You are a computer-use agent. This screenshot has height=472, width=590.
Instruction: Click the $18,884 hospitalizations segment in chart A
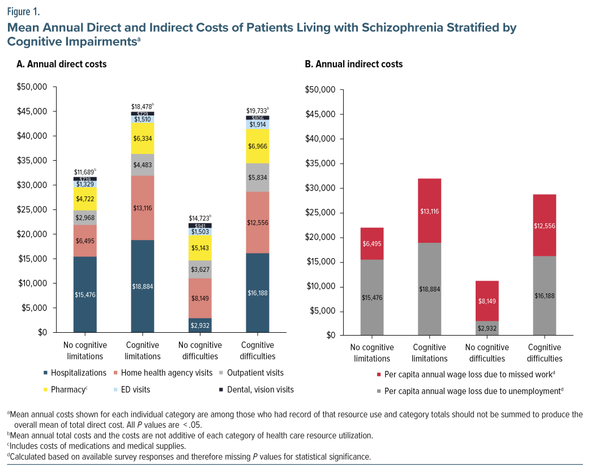[143, 286]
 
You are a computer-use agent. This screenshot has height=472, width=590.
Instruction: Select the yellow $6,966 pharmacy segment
[258, 146]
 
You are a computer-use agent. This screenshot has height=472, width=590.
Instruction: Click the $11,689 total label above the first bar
[85, 171]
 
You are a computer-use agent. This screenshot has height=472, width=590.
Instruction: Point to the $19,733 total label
[258, 110]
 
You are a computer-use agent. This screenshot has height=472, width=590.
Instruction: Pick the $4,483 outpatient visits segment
[143, 165]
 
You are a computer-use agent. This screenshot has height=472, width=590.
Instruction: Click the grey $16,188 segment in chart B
[545, 295]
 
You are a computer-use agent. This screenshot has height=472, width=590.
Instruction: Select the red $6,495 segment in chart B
[372, 243]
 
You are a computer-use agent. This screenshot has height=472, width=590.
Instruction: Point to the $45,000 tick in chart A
[33, 111]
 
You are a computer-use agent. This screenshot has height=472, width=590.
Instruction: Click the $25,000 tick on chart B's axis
[320, 213]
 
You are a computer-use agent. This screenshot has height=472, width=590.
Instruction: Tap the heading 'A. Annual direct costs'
[62, 64]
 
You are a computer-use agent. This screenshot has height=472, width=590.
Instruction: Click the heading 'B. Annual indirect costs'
[354, 64]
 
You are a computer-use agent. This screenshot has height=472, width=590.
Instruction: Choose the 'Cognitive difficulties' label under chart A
[258, 351]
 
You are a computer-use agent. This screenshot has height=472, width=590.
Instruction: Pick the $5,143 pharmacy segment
[200, 248]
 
